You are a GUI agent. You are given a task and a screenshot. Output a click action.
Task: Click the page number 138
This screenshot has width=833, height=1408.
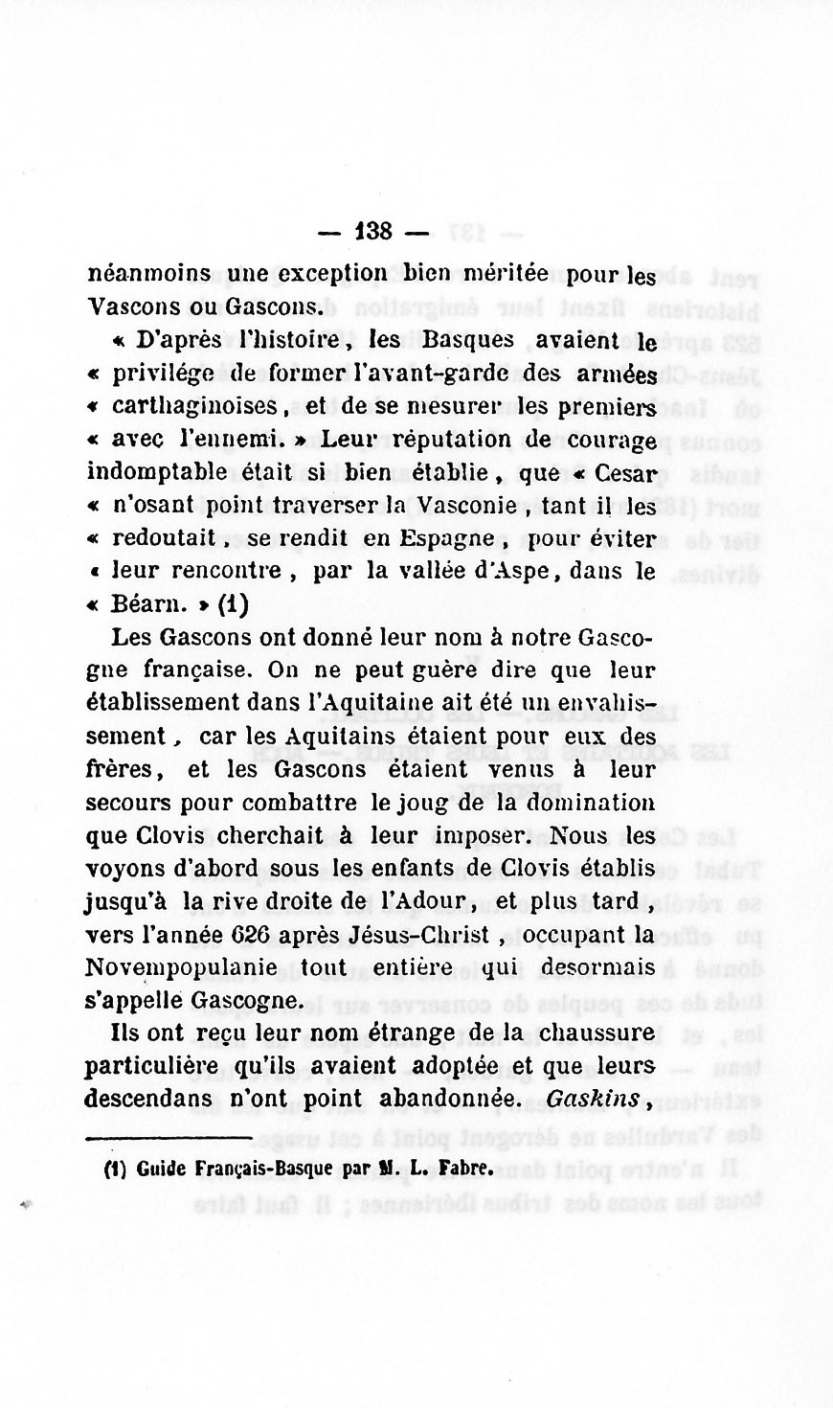pyautogui.click(x=372, y=231)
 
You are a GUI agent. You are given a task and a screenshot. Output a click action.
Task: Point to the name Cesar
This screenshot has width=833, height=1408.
pyautogui.click(x=625, y=473)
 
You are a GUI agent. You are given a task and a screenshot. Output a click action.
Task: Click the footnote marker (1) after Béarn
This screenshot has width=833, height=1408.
pyautogui.click(x=234, y=605)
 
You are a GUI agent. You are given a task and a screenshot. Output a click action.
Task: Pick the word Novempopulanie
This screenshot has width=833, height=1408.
pyautogui.click(x=182, y=967)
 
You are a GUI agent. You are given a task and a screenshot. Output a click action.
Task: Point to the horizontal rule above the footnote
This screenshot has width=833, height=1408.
pyautogui.click(x=169, y=1139)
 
